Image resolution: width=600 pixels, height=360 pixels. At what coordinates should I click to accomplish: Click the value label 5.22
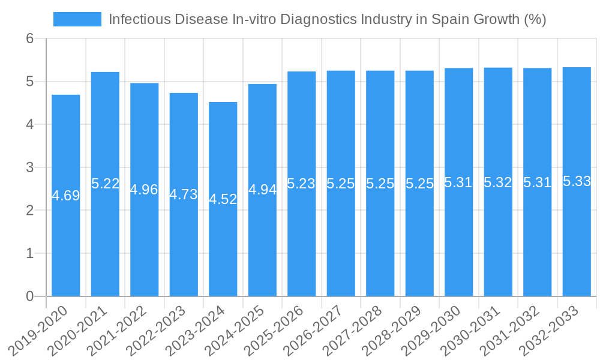[106, 184]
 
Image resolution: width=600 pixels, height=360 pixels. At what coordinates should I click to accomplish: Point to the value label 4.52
[223, 199]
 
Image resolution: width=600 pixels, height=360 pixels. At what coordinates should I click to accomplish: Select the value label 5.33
[577, 182]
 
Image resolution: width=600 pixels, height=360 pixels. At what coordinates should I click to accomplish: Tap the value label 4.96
[145, 190]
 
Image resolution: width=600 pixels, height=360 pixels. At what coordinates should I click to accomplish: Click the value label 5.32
[498, 182]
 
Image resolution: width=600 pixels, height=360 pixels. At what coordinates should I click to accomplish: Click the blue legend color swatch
[77, 19]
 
